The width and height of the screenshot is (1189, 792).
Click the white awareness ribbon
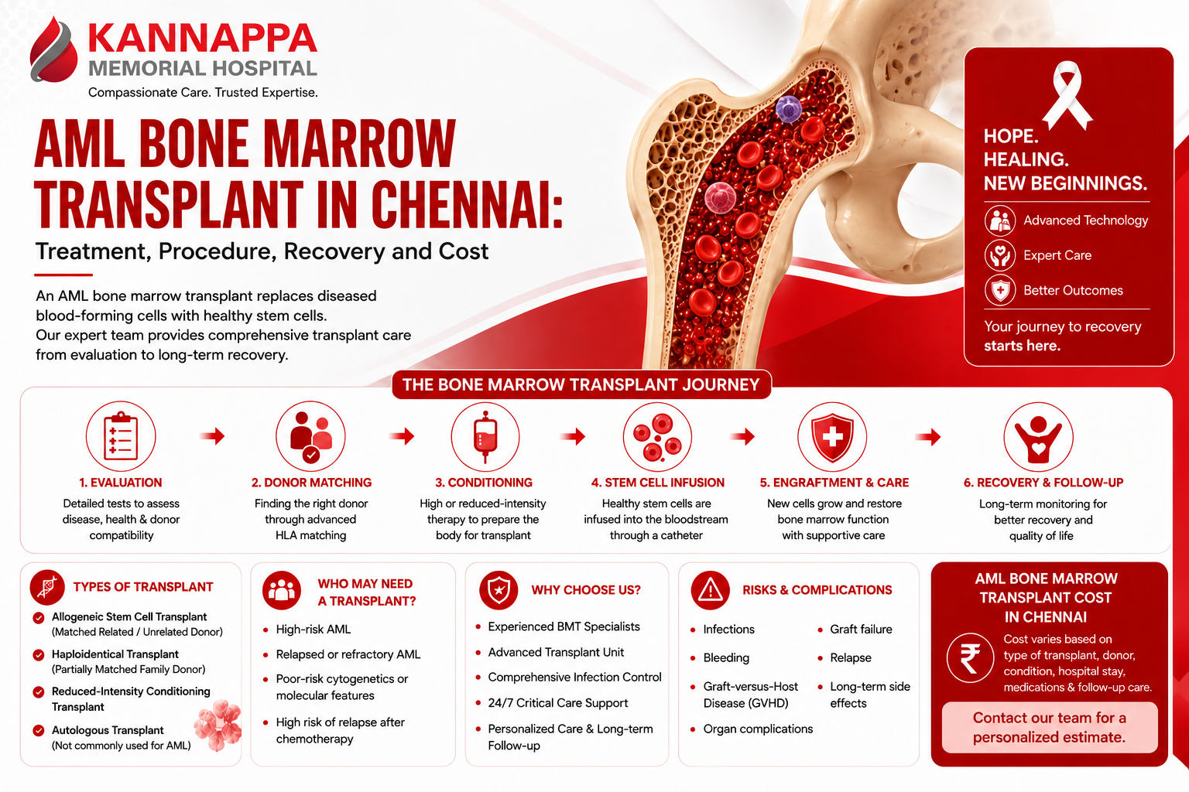click(1067, 95)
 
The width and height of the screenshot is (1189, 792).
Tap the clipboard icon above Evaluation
click(121, 436)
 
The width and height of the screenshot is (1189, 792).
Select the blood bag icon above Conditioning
click(485, 436)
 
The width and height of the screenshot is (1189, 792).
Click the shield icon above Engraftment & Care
click(832, 436)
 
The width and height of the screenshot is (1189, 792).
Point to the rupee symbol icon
click(970, 657)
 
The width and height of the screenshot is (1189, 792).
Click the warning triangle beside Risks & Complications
click(710, 590)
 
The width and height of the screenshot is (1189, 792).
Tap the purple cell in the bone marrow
click(788, 109)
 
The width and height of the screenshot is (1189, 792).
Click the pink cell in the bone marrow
click(720, 197)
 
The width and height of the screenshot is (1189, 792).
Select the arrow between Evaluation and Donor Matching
click(212, 436)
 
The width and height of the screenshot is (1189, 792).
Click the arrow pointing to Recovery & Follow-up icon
click(928, 436)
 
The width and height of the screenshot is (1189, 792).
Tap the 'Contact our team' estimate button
click(1050, 727)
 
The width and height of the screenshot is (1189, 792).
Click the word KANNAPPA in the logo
click(202, 38)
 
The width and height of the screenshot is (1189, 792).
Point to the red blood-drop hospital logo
click(53, 50)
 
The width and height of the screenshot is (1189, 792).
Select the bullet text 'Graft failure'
click(861, 629)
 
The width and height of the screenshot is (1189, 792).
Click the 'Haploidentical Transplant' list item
click(128, 661)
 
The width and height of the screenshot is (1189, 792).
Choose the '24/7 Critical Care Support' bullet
click(558, 703)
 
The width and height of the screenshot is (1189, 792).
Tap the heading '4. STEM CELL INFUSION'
click(658, 483)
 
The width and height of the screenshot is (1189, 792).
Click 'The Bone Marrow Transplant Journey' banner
click(581, 384)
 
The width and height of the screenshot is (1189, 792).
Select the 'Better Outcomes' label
click(1073, 291)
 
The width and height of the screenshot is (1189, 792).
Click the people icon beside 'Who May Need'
click(281, 590)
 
